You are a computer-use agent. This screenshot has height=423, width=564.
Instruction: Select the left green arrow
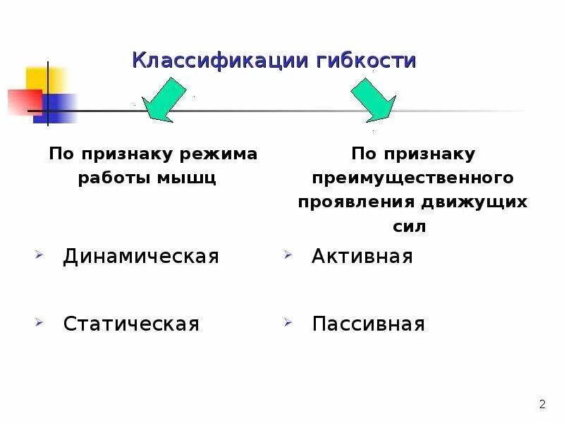tap(165, 100)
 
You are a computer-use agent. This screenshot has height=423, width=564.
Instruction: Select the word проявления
tap(355, 202)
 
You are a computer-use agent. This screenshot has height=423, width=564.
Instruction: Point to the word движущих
tap(474, 202)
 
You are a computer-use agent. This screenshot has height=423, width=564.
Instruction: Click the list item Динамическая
tap(141, 256)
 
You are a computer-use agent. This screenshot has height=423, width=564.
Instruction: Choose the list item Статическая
tap(131, 324)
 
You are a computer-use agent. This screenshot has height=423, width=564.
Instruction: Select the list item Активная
tap(362, 256)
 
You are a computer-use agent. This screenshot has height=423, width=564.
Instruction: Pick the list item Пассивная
tap(368, 324)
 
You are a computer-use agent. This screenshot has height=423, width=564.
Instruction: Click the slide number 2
tap(542, 404)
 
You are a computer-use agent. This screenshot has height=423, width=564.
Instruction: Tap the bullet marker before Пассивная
tap(288, 321)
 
